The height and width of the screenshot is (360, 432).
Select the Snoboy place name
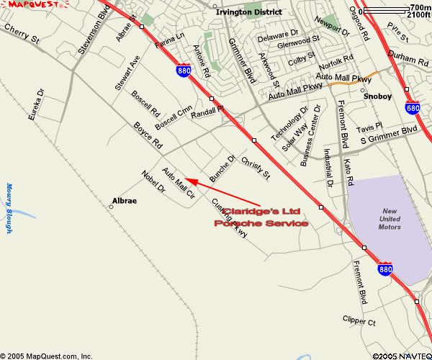(377, 95)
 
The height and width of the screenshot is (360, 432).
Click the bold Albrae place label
(124, 201)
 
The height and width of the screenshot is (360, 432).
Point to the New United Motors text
(390, 219)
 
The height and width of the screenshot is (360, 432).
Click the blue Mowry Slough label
(9, 209)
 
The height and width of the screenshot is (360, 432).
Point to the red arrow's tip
(186, 178)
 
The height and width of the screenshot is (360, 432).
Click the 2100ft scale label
(418, 14)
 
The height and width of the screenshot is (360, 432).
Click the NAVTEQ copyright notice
(402, 356)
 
